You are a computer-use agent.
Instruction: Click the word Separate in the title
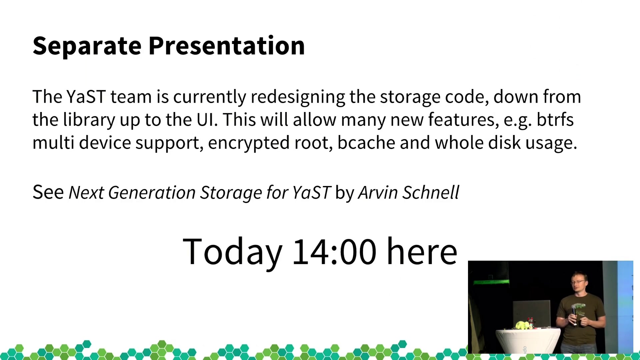pyautogui.click(x=87, y=46)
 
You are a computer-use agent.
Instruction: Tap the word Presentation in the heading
pyautogui.click(x=227, y=46)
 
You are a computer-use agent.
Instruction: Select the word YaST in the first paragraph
pyautogui.click(x=86, y=97)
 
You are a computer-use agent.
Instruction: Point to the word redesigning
pyautogui.click(x=298, y=98)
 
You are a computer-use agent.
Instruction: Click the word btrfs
pyautogui.click(x=555, y=119)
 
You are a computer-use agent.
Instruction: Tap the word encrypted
pyautogui.click(x=249, y=143)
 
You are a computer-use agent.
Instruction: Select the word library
pyautogui.click(x=89, y=120)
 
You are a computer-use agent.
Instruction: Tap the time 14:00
pyautogui.click(x=334, y=252)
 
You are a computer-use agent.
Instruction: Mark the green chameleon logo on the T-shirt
pyautogui.click(x=579, y=306)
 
